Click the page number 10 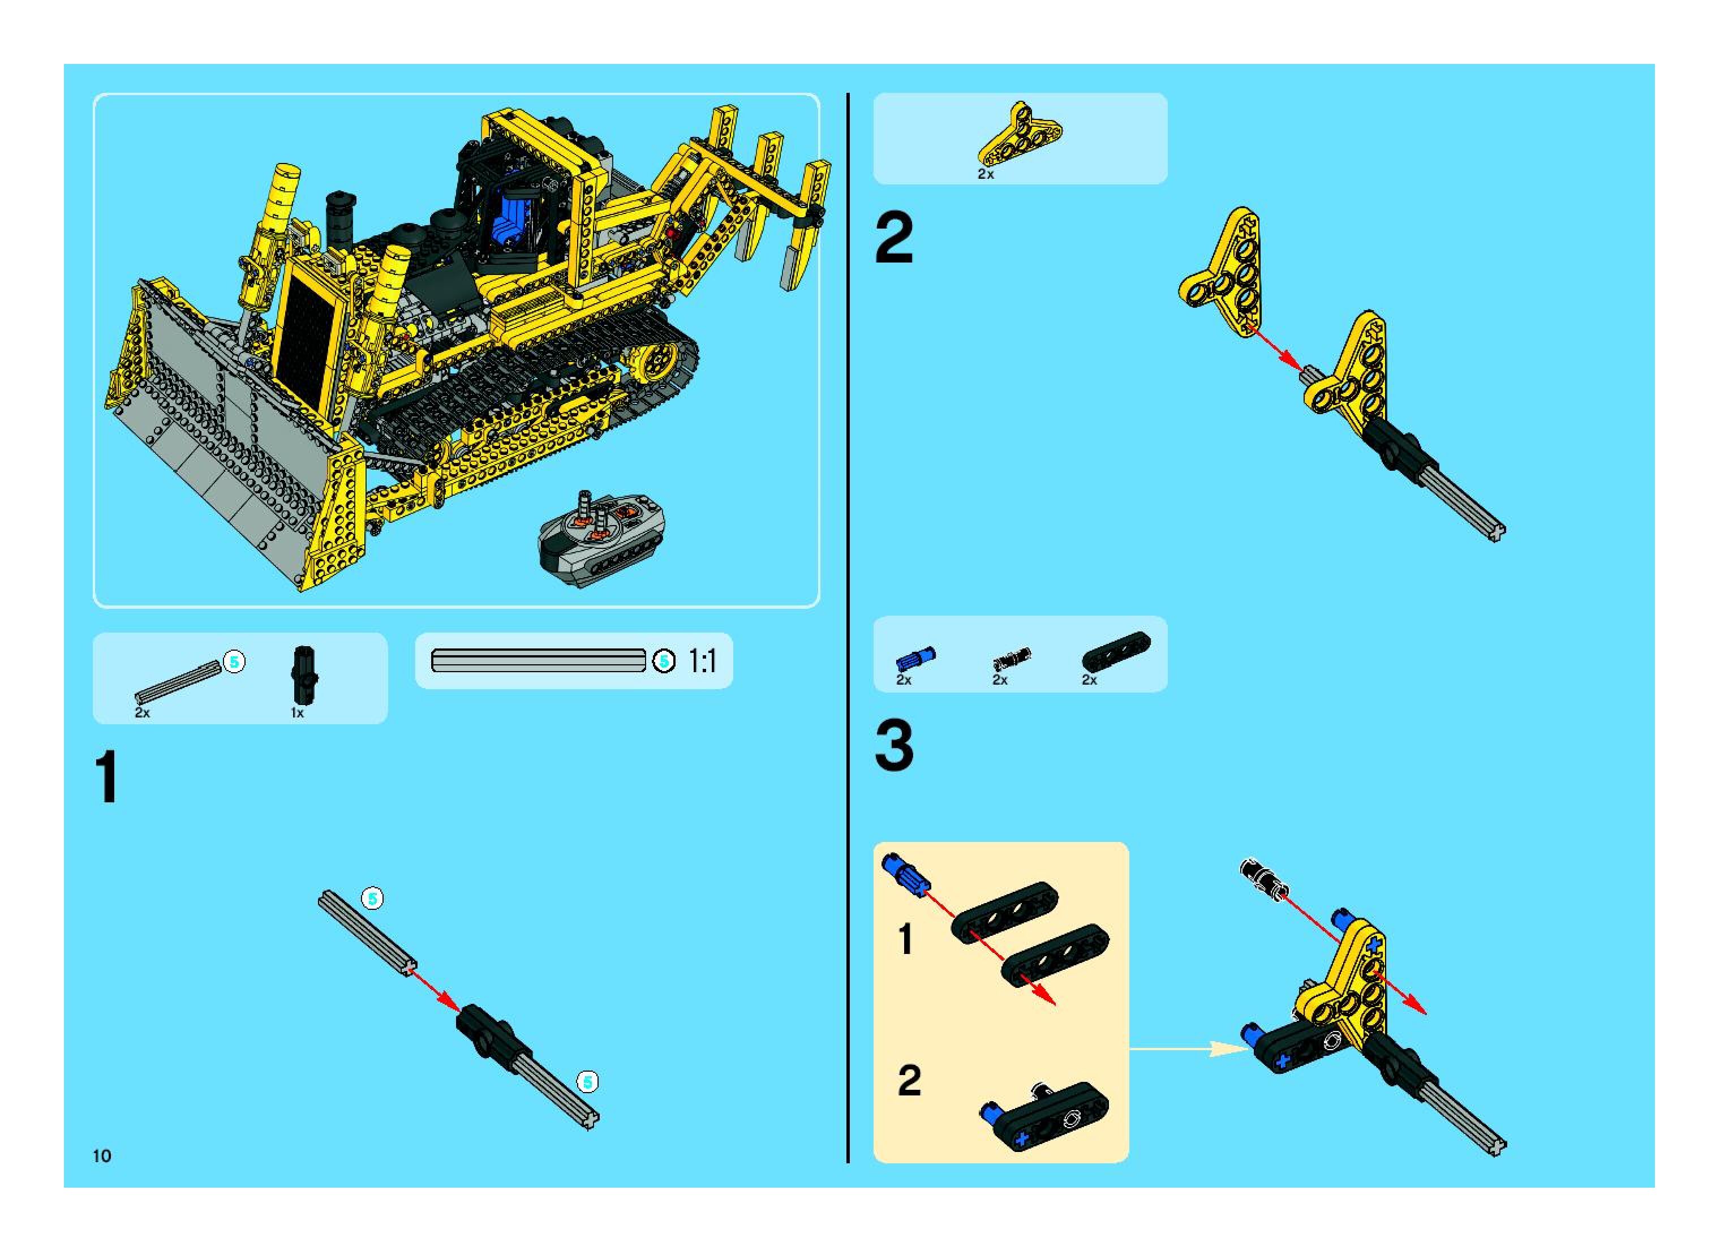[x=102, y=1155]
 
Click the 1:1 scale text [x=702, y=661]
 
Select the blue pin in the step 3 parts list [x=915, y=659]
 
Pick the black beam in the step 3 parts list [x=1116, y=651]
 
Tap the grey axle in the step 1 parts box [x=179, y=682]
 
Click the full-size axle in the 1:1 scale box [x=538, y=661]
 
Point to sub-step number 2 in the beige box [x=909, y=1080]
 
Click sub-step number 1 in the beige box [x=905, y=939]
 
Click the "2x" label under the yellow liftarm [x=986, y=174]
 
